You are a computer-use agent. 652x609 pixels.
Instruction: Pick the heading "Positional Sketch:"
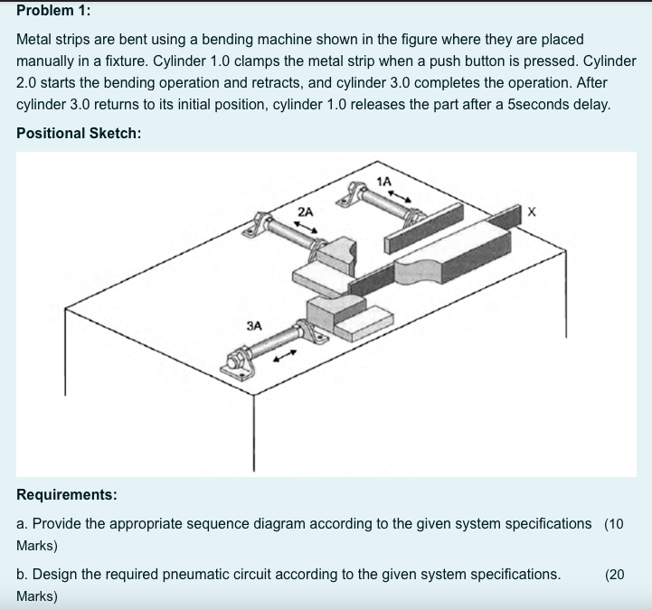[x=79, y=133]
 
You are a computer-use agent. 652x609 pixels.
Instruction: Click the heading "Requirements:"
[x=67, y=494]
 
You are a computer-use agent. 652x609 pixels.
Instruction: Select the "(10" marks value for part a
[x=614, y=524]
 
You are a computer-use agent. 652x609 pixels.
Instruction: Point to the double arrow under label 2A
[x=307, y=227]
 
